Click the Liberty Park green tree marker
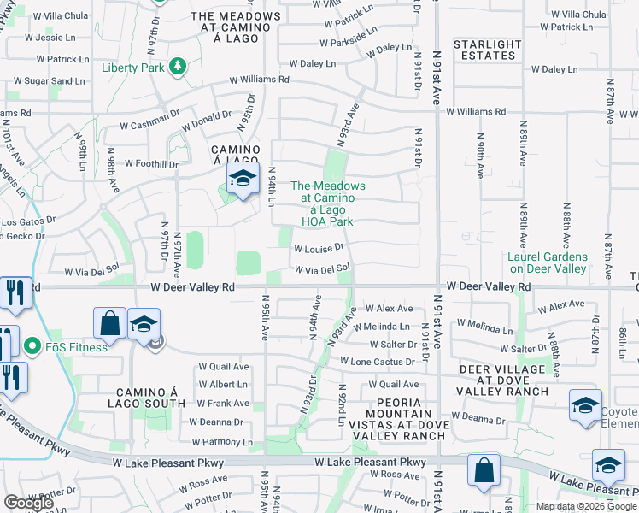(x=178, y=67)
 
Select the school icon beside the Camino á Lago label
(x=243, y=180)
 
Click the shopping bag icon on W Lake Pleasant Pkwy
(x=484, y=469)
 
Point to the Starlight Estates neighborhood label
(x=487, y=50)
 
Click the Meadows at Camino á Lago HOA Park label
(x=328, y=203)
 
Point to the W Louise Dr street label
(x=319, y=248)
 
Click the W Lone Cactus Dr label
(x=383, y=362)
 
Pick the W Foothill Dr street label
(x=151, y=163)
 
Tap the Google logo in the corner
(x=28, y=503)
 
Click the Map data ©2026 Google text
(x=585, y=506)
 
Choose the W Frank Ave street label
(x=223, y=403)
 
